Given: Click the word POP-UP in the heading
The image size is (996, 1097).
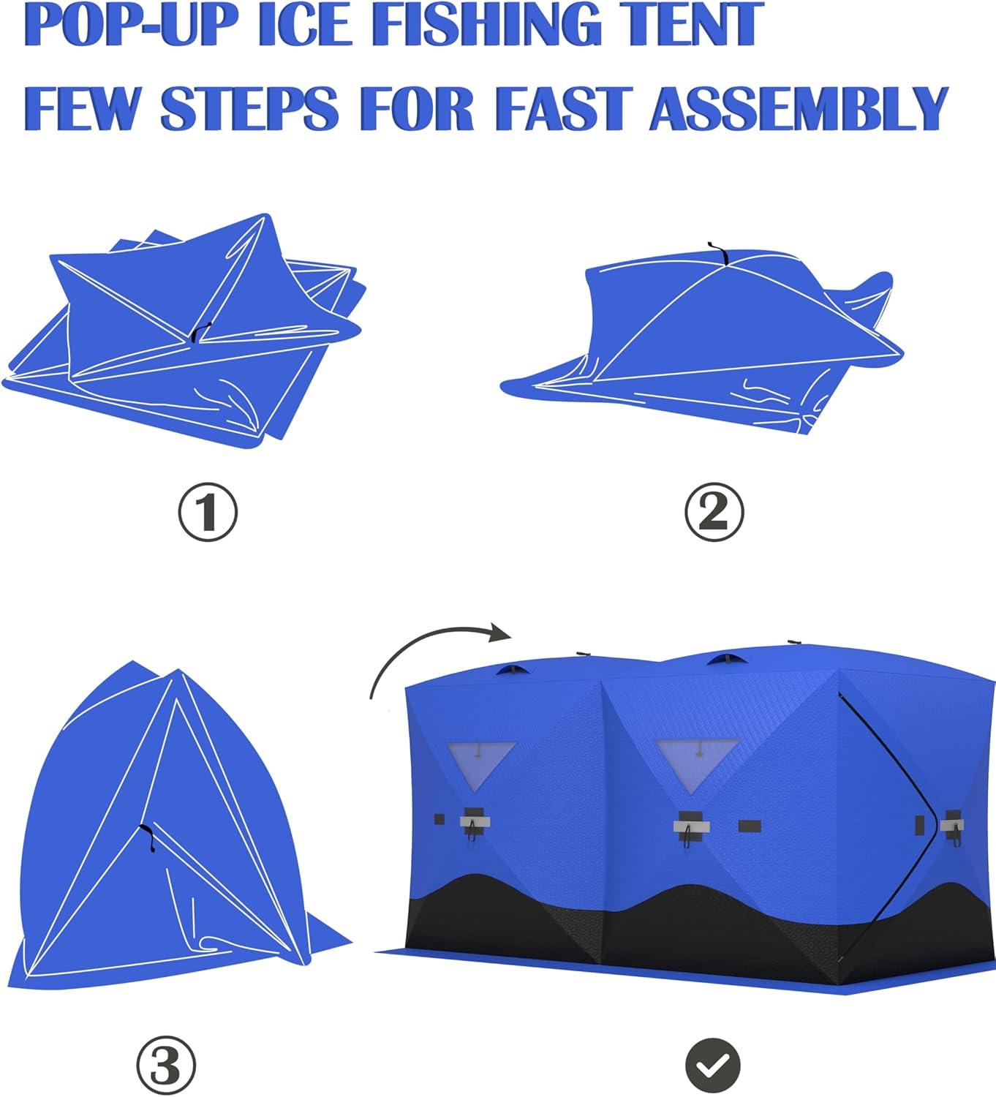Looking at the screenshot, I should [132, 25].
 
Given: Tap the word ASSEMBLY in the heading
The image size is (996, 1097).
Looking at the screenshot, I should [799, 108].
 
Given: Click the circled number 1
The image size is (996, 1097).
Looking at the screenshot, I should [208, 511].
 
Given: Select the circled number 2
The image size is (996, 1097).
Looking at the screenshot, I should [714, 511].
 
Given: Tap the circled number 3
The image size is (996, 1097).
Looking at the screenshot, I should [166, 1066].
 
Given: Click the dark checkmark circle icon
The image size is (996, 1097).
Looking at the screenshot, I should [713, 1066].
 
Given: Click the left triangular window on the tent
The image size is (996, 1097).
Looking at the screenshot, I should [482, 762].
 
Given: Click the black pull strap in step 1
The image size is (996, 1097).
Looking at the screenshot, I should [200, 333].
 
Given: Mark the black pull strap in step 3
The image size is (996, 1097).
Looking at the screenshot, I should [148, 837].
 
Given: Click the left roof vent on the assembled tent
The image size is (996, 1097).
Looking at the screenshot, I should [515, 669].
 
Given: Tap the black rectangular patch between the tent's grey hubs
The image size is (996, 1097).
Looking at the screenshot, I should [750, 826].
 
